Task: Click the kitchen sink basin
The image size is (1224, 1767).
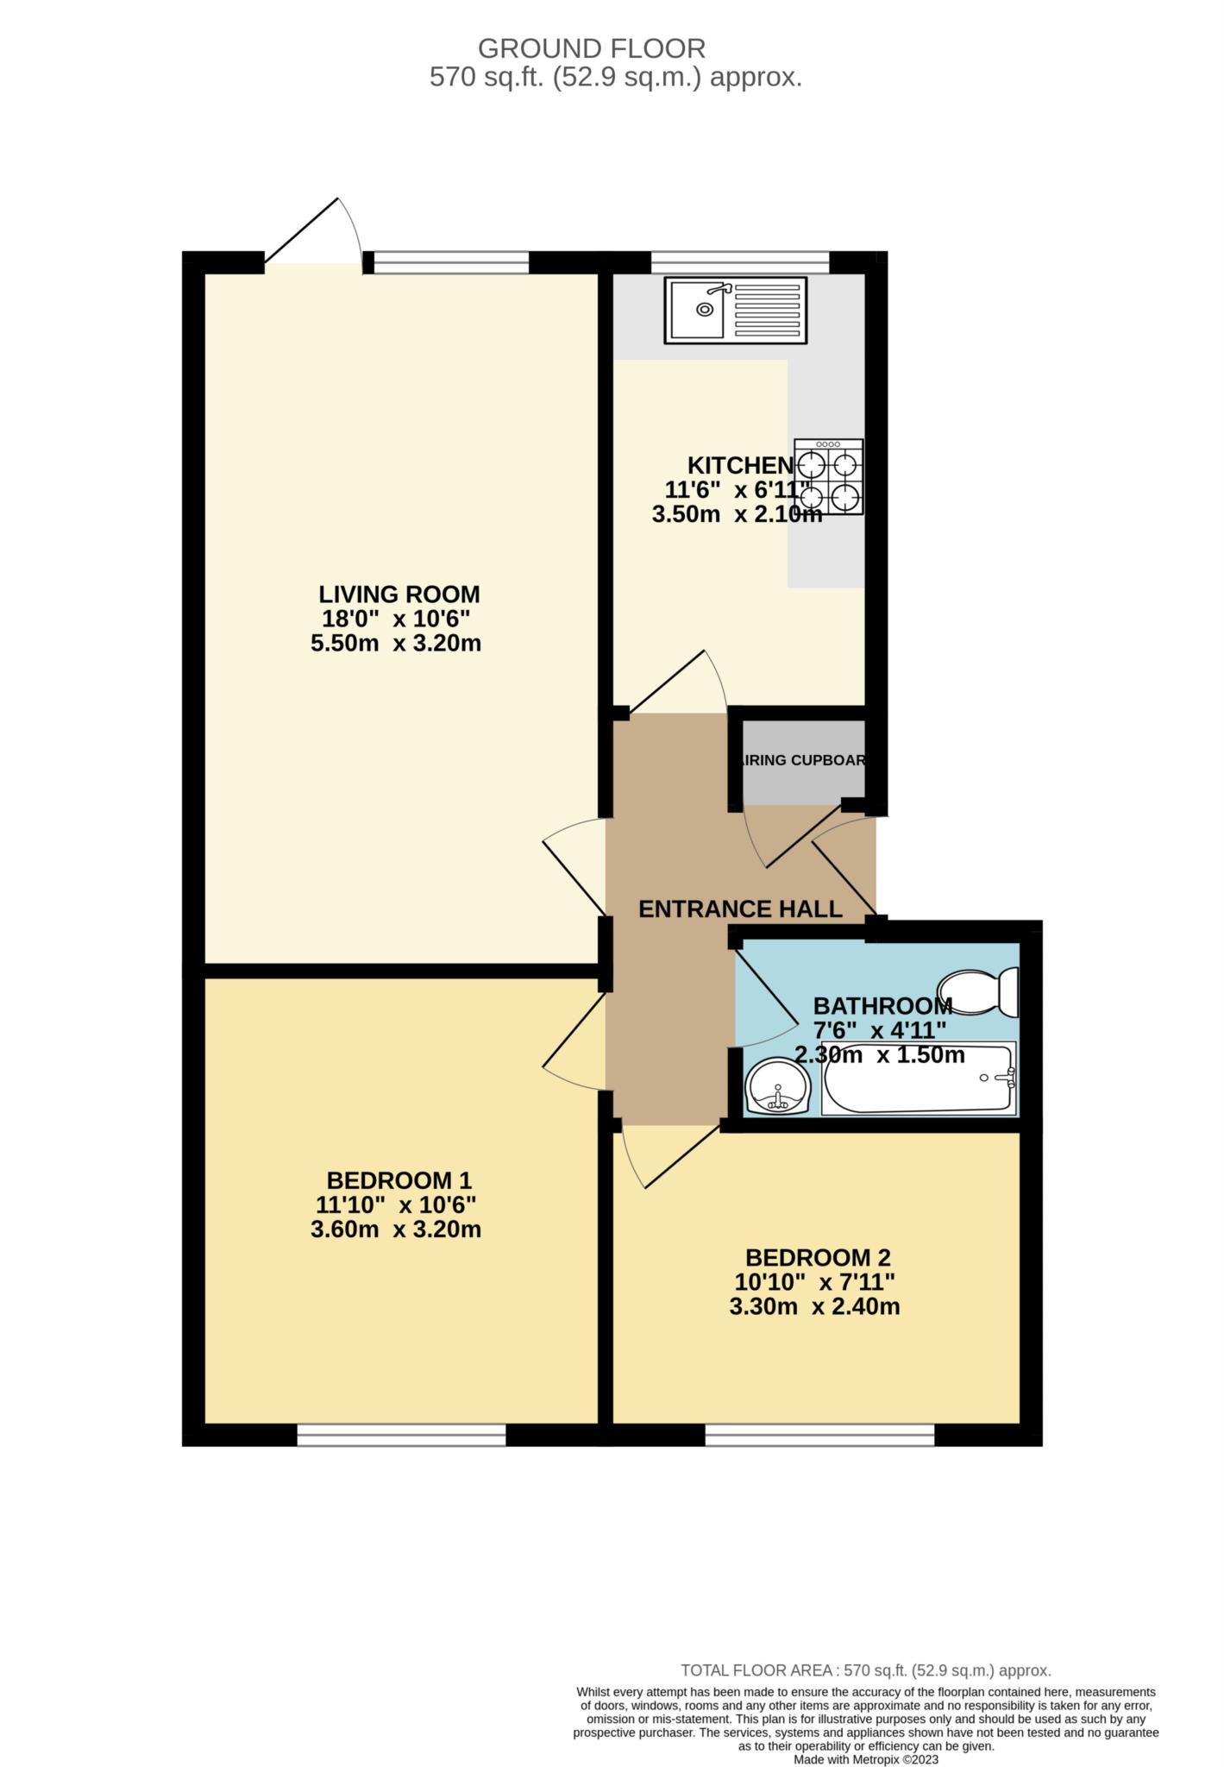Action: click(x=698, y=309)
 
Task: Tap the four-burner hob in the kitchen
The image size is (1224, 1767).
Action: click(x=829, y=477)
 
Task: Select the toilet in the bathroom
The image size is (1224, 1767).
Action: click(x=979, y=992)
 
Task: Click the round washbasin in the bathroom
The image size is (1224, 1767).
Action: click(x=777, y=1087)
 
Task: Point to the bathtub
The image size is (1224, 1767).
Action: click(x=918, y=1078)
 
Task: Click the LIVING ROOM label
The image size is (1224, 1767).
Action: click(x=399, y=594)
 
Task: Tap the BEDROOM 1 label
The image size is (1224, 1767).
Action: click(x=399, y=1180)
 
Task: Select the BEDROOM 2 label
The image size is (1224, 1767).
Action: click(x=818, y=1257)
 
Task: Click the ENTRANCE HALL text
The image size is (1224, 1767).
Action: click(x=740, y=909)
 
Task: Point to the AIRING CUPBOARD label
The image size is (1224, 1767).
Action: click(x=802, y=761)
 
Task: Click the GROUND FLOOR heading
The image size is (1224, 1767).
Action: click(x=592, y=48)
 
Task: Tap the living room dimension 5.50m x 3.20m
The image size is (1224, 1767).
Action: click(x=396, y=643)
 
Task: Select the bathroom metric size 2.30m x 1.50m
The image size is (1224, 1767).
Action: click(x=879, y=1054)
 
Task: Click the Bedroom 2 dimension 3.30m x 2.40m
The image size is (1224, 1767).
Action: click(x=814, y=1306)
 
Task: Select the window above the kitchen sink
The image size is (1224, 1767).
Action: click(x=739, y=261)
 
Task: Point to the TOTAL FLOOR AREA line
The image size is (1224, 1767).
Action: click(x=866, y=1670)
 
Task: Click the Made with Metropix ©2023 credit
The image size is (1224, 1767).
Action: click(x=866, y=1759)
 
